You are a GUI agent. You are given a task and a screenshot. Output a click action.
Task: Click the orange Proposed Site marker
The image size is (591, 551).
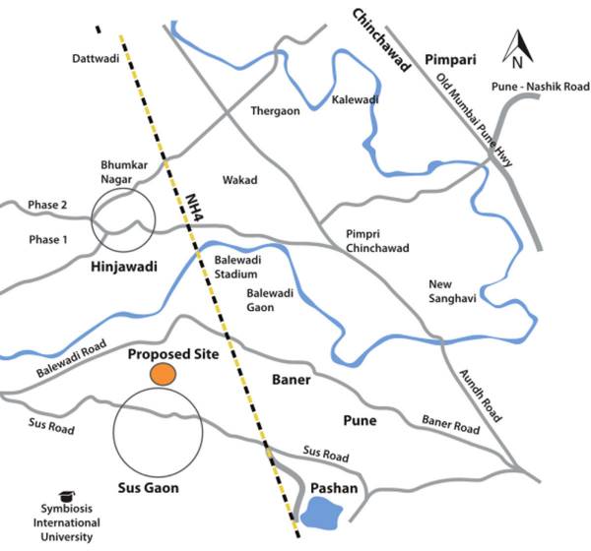coord(164,374)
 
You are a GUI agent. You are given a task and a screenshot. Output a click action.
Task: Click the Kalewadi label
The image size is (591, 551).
coord(356,100)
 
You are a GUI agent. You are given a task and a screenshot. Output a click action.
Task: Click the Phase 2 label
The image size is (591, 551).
coord(46,205)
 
